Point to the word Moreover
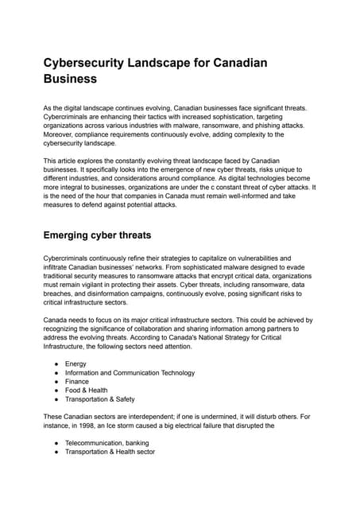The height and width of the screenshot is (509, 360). tap(60, 134)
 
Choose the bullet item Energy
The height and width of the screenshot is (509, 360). tap(76, 363)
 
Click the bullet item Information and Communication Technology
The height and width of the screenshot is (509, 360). tap(130, 372)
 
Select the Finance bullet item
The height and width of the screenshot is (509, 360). tap(77, 381)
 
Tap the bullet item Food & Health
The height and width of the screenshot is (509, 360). tap(86, 390)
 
